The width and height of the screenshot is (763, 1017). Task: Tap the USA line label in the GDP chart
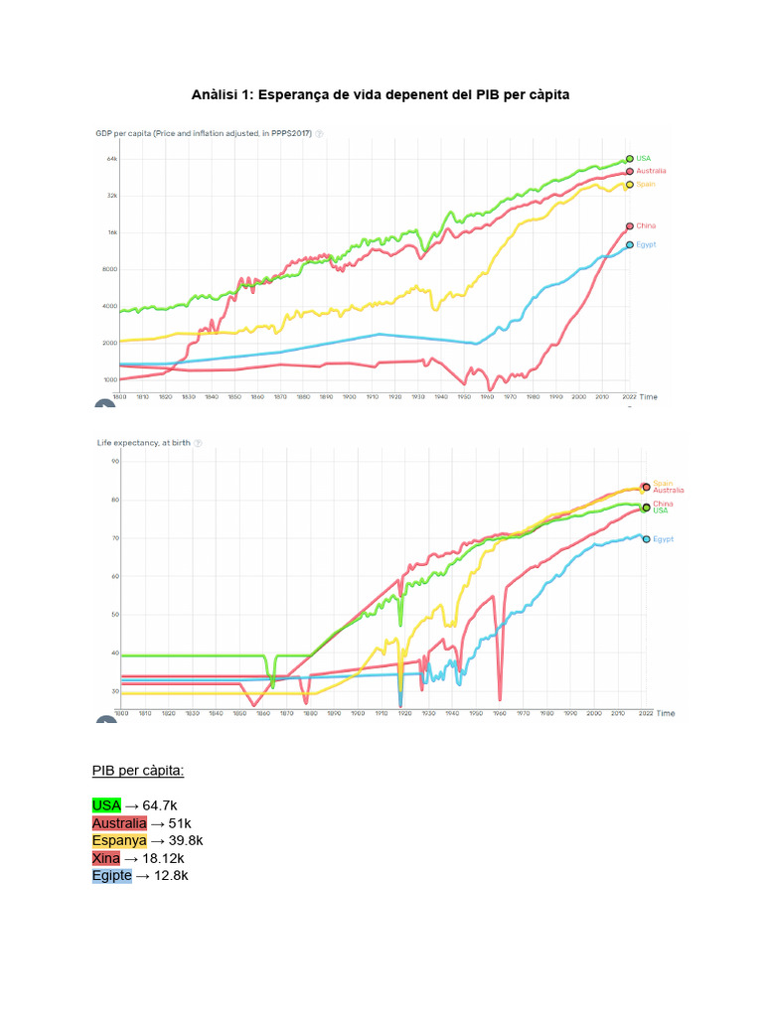click(644, 158)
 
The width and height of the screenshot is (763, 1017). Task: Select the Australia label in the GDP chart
click(652, 171)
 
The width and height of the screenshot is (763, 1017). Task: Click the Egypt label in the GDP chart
click(646, 244)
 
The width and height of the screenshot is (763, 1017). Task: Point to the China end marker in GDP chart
click(629, 226)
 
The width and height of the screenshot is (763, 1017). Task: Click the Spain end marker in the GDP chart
click(629, 185)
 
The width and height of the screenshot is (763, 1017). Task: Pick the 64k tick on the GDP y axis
click(112, 159)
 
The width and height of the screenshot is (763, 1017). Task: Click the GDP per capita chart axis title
click(204, 133)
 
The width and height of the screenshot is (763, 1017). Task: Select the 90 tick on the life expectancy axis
click(114, 462)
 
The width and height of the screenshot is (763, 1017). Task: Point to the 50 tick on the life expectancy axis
click(114, 615)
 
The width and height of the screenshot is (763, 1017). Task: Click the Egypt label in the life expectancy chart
click(663, 539)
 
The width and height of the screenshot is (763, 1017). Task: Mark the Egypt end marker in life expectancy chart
click(647, 539)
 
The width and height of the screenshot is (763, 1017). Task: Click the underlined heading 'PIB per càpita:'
click(138, 771)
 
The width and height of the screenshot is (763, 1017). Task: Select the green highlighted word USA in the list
click(106, 805)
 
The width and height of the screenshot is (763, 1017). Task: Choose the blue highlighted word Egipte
click(111, 876)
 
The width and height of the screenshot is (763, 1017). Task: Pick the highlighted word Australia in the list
click(119, 823)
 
